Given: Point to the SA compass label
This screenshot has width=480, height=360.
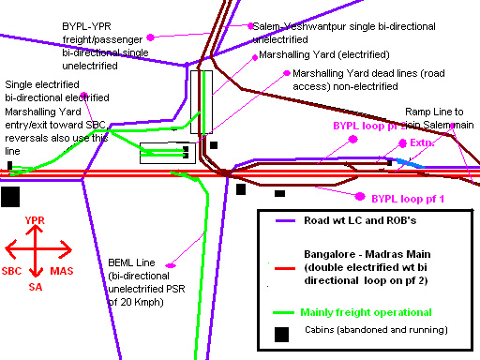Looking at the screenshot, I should (36, 286).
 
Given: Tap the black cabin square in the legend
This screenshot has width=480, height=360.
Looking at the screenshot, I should (280, 334).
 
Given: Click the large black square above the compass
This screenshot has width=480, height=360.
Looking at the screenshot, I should (11, 196).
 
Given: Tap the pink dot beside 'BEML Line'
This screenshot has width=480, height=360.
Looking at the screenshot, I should (170, 266).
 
